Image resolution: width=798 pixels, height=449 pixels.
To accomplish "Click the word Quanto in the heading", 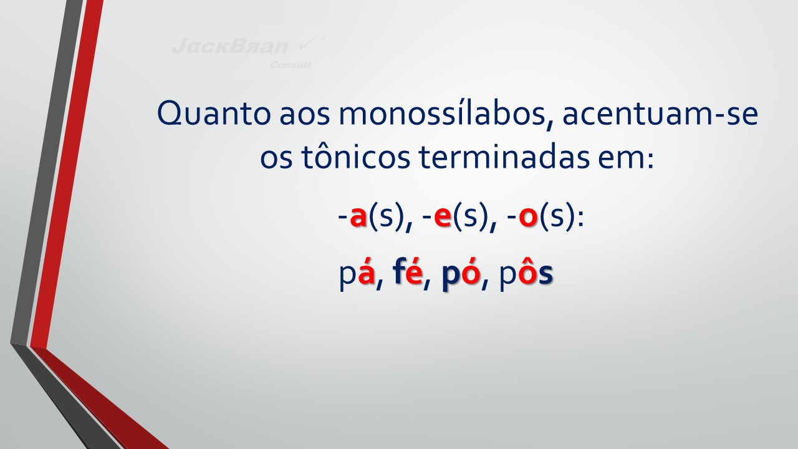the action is point(213,113).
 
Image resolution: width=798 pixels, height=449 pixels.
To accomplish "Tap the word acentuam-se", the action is point(660,114).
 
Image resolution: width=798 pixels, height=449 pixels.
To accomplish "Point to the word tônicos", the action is point(356,157).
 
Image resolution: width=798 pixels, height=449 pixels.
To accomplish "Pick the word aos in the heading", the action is point(304,115).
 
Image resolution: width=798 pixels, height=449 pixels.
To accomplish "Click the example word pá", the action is point(357,274).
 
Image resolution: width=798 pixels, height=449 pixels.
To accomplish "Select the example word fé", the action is point(408,273).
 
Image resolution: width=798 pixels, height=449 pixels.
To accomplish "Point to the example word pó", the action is point(461,274).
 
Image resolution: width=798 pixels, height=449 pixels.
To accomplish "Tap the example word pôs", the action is point(526,275).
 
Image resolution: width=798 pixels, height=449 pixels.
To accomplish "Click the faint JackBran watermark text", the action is point(230,46).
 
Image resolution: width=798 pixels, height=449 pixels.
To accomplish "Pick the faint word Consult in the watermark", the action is point(291,65).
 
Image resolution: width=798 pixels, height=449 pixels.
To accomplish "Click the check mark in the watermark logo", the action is point(308,44).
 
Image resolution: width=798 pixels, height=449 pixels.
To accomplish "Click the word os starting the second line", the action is point(276,159).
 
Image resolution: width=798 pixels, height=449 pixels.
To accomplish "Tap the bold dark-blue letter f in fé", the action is point(398,273).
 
